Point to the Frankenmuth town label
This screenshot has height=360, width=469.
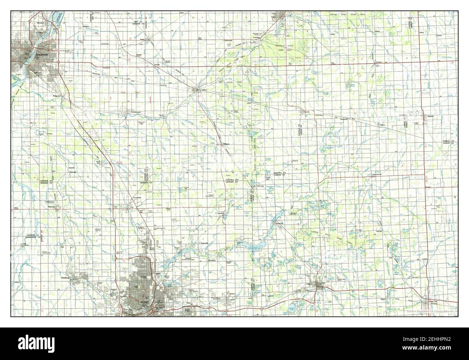pyautogui.click(x=127, y=113)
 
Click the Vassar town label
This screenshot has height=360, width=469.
pyautogui.click(x=205, y=89)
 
